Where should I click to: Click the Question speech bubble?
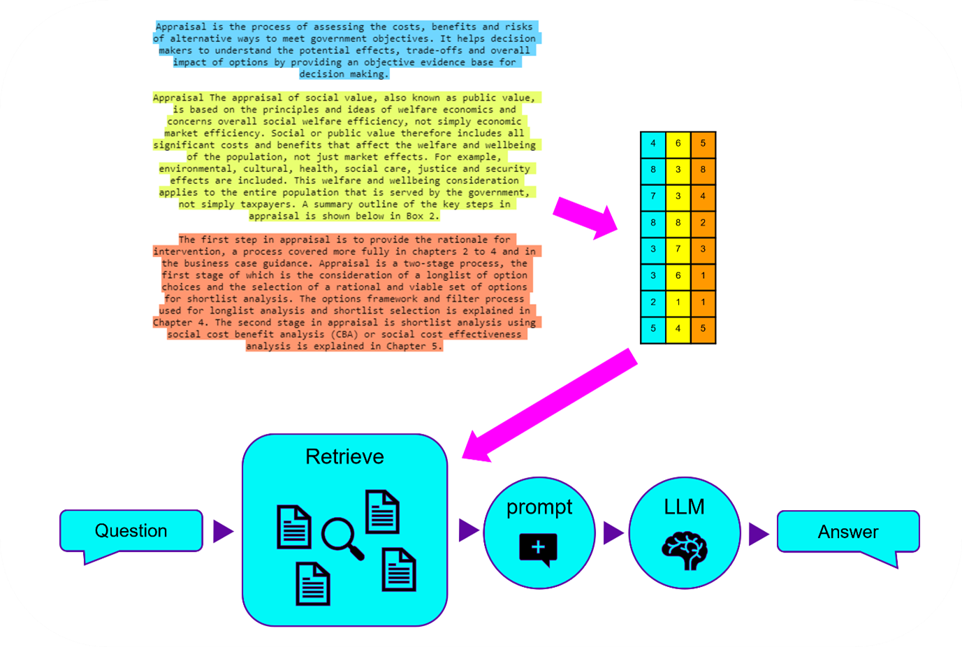(x=131, y=531)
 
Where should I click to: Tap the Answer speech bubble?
(x=847, y=532)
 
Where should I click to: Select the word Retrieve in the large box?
(x=344, y=457)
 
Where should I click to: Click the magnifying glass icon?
(x=342, y=539)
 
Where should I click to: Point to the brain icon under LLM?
(x=685, y=551)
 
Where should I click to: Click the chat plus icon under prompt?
(x=538, y=548)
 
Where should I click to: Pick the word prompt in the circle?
(x=539, y=507)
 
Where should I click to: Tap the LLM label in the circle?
(x=684, y=507)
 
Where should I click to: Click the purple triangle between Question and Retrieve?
(x=222, y=531)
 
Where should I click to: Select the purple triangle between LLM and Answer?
(x=757, y=534)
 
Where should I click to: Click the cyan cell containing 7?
(x=653, y=196)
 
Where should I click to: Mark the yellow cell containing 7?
(x=678, y=249)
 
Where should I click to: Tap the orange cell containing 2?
(x=703, y=223)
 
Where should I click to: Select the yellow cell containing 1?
(x=678, y=302)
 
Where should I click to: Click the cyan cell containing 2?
(x=653, y=302)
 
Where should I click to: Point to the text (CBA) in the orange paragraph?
(x=345, y=335)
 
